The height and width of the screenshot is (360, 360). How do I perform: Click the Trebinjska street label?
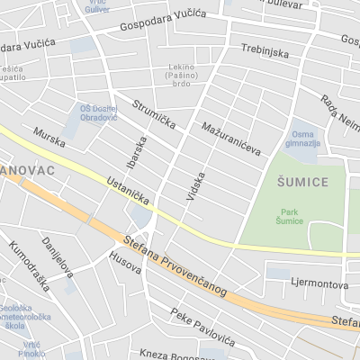click(x=264, y=53)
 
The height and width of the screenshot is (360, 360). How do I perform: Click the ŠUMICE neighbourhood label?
click(x=301, y=182)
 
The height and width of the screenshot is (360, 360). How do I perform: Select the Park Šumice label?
click(x=289, y=215)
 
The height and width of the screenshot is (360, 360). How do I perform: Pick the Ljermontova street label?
click(x=319, y=283)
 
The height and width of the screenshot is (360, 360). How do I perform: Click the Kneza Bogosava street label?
click(x=184, y=351)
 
